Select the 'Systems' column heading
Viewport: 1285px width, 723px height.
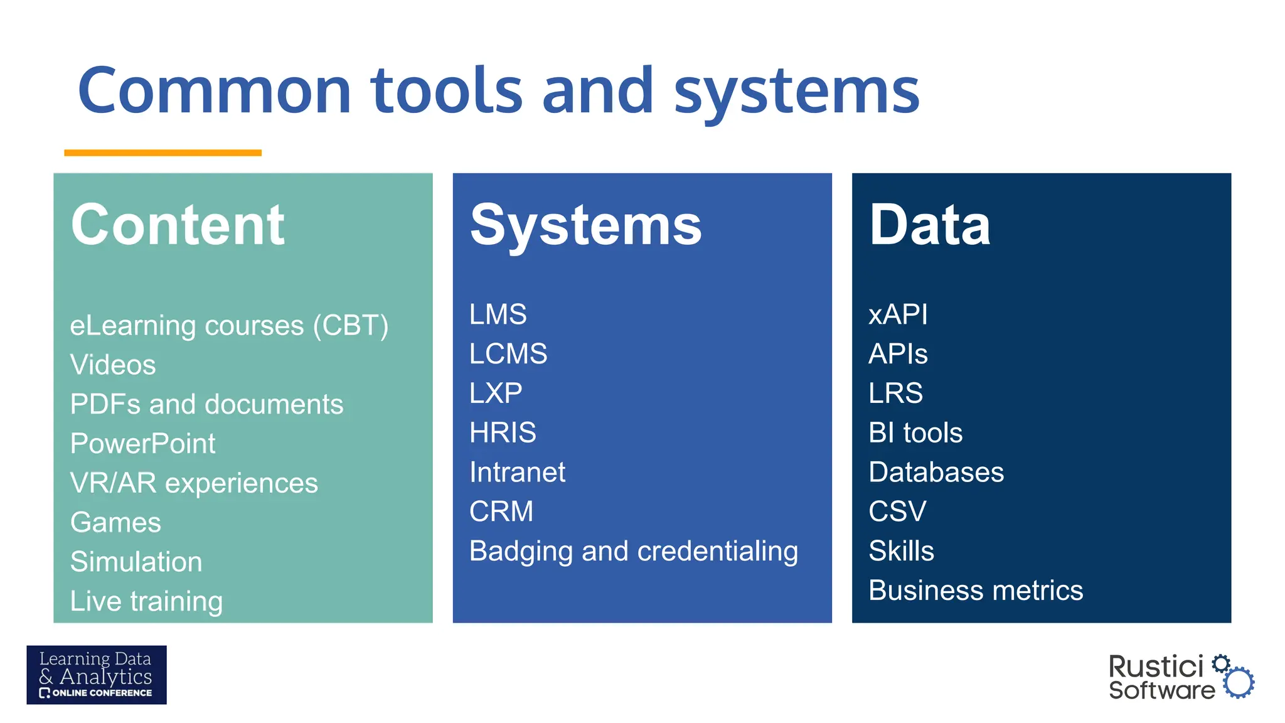585,226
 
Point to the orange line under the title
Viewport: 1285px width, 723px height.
163,153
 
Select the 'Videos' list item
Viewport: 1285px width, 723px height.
113,365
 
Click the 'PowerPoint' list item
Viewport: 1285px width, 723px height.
142,444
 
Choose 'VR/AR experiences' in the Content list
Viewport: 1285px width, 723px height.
194,483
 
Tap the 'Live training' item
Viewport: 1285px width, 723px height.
146,601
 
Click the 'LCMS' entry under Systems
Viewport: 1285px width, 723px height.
508,354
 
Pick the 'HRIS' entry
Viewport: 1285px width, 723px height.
503,432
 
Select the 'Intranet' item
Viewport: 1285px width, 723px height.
517,472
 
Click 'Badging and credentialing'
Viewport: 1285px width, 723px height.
634,551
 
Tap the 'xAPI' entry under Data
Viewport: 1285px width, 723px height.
898,314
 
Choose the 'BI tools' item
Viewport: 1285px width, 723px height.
915,432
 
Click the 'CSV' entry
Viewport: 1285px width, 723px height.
897,511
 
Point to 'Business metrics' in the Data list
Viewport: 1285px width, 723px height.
976,591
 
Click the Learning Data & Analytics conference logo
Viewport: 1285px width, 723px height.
97,675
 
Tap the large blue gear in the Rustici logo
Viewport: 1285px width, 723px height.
1239,682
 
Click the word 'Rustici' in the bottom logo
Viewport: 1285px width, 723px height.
1156,667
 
